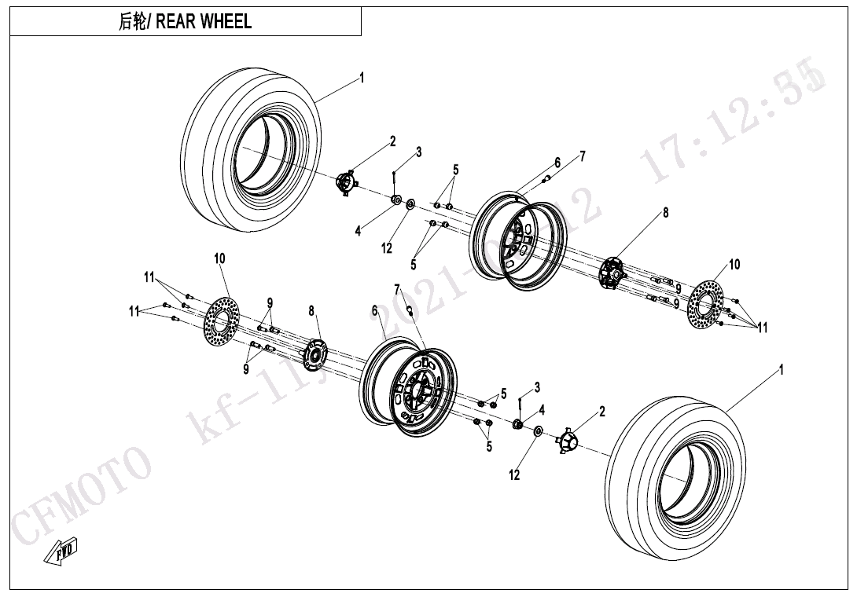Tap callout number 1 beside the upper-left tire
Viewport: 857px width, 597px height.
[x=362, y=77]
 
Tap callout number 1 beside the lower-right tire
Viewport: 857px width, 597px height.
[x=781, y=369]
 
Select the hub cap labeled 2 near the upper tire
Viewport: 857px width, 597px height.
[x=346, y=182]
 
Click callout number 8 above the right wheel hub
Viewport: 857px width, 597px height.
[x=665, y=212]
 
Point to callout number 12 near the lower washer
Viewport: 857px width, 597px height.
[x=514, y=475]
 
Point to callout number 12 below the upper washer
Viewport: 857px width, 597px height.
[x=387, y=248]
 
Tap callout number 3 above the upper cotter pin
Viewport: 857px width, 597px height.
[x=419, y=152]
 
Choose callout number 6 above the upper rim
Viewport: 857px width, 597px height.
[x=557, y=163]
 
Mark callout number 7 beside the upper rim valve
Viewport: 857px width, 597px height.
[x=583, y=156]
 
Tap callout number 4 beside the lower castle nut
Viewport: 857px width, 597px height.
[x=542, y=409]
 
